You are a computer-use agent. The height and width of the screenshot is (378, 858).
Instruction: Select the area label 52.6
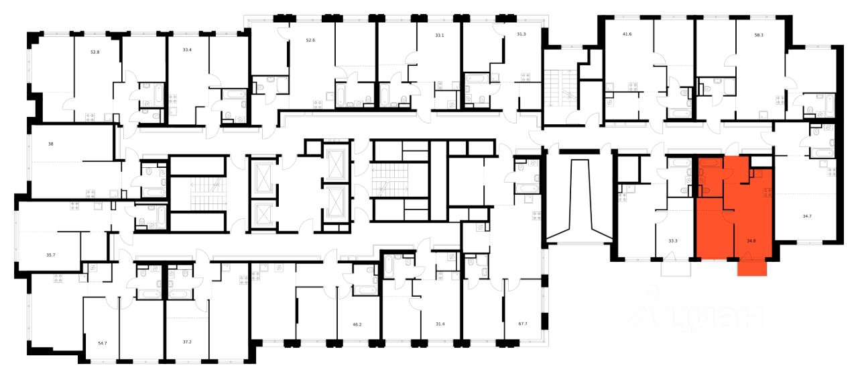pos(310,40)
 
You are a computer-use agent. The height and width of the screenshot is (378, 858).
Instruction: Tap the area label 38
pos(51,144)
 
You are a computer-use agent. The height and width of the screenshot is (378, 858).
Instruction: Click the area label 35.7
pos(50,256)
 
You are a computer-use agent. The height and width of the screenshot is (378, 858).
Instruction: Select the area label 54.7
pos(103,342)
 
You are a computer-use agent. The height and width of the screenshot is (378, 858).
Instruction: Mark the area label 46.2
pos(357,324)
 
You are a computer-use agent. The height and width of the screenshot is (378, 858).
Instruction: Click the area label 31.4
pos(440,324)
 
